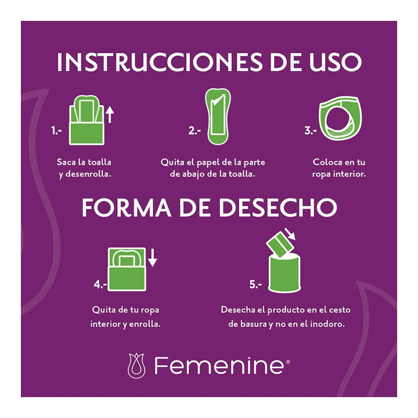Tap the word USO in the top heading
[x=330, y=62]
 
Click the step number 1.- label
[x=56, y=131]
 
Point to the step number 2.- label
[x=194, y=131]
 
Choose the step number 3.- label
[x=311, y=131]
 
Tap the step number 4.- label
[x=100, y=284]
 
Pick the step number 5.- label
[x=256, y=284]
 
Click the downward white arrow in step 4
[x=152, y=257]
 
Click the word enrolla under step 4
[x=145, y=323]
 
